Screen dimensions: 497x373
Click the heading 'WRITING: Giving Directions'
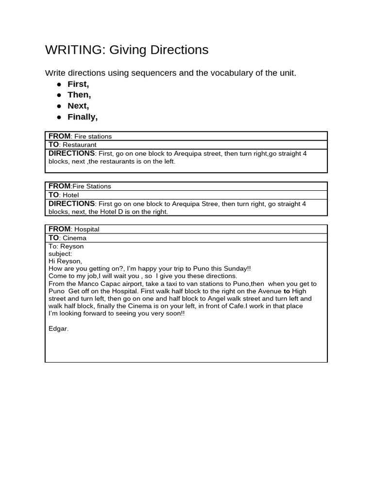126,50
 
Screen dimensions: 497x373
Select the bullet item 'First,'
78,84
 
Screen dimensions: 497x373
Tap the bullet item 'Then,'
79,95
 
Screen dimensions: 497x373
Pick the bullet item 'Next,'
78,106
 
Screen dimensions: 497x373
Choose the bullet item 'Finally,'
83,117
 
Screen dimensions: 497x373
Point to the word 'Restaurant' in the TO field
80,145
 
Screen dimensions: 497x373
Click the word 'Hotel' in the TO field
70,195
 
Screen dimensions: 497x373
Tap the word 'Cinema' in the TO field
74,238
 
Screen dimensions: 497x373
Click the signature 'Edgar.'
59,329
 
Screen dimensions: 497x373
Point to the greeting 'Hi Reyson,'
65,261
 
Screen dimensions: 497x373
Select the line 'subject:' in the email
60,254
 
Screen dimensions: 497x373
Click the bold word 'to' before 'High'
287,291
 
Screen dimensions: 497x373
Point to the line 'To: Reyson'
66,247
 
